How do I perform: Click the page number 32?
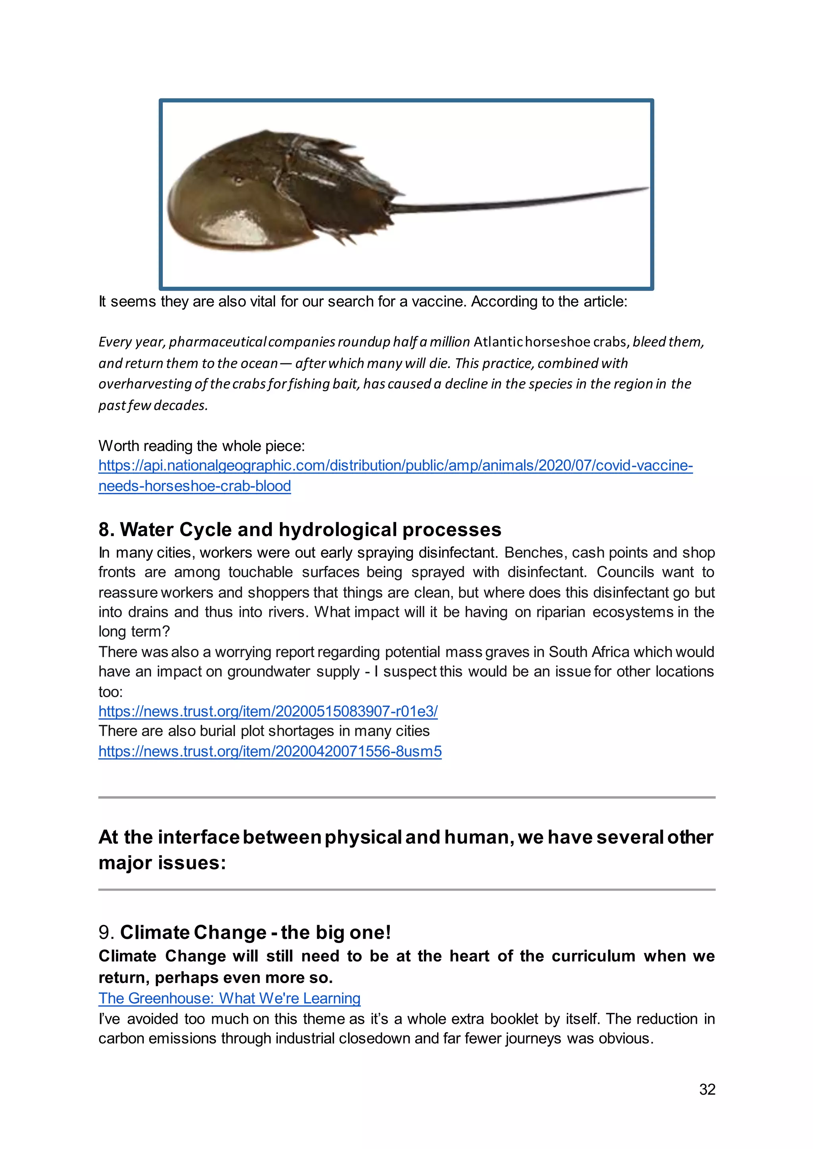point(707,1089)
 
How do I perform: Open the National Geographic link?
point(395,466)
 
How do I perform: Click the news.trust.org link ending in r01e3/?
point(268,711)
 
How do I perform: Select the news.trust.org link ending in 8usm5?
point(270,752)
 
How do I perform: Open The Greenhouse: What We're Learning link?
point(229,998)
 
